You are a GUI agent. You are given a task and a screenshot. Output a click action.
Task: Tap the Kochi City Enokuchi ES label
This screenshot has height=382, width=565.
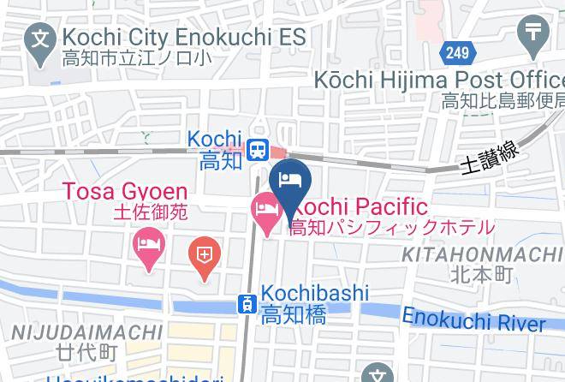pos(185,38)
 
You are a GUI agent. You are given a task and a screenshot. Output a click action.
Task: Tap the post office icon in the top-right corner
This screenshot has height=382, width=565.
pos(535,33)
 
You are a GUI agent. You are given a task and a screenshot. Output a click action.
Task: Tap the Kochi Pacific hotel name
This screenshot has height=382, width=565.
pos(362,206)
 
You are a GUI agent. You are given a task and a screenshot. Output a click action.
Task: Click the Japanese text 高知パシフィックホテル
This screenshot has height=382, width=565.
pos(391,228)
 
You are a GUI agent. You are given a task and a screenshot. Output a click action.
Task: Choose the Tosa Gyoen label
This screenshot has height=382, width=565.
pos(124,190)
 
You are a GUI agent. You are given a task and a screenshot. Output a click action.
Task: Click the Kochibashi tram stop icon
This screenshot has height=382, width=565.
pos(247,302)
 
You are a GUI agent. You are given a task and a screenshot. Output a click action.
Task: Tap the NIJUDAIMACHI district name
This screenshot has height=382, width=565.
pos(86,331)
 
